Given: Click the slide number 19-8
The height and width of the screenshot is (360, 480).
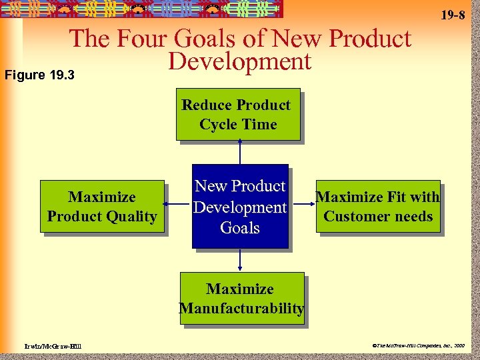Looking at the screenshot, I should pyautogui.click(x=453, y=14).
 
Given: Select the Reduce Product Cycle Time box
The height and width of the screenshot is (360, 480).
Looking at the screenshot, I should pyautogui.click(x=238, y=114).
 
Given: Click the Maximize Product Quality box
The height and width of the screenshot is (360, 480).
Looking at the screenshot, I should pyautogui.click(x=102, y=206).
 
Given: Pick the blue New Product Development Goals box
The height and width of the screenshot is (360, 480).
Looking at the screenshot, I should pyautogui.click(x=240, y=206).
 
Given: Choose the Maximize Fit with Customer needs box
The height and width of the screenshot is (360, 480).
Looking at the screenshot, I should pyautogui.click(x=378, y=206).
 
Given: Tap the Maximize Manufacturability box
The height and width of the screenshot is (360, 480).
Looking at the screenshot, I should pyautogui.click(x=241, y=298).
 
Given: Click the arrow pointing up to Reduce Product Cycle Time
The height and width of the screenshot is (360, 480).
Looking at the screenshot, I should pyautogui.click(x=239, y=152).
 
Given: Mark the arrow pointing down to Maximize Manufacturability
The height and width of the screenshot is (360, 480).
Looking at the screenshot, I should pyautogui.click(x=240, y=260).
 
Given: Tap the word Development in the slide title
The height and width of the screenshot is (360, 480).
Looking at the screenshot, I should pyautogui.click(x=240, y=61).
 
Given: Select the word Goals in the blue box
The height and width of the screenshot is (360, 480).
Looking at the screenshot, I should pyautogui.click(x=239, y=228).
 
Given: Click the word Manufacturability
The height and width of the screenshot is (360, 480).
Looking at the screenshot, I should pyautogui.click(x=241, y=309).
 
